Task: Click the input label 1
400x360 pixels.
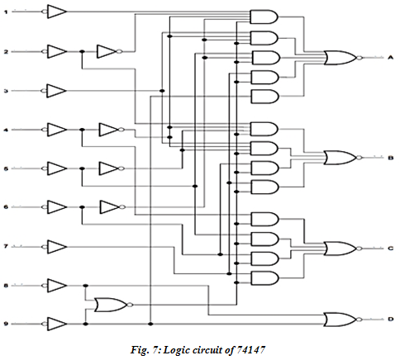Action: pos(6,12)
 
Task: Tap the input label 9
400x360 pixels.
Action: pos(6,324)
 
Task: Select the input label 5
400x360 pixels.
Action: pos(6,168)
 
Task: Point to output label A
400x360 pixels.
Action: pos(390,58)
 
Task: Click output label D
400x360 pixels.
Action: pos(390,320)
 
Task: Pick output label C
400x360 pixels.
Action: pos(390,249)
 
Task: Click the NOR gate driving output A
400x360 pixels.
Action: pos(343,58)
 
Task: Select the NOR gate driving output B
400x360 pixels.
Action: pos(343,158)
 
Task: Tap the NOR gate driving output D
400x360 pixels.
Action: pos(343,320)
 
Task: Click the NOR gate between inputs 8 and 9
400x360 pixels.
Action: pos(113,305)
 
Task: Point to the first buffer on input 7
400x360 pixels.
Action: pos(55,247)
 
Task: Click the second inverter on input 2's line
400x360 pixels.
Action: pos(109,51)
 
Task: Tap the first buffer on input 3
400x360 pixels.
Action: pos(55,91)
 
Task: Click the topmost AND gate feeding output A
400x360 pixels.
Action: pos(264,17)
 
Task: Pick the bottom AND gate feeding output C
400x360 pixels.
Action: pos(264,278)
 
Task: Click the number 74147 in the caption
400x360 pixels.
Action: pos(250,350)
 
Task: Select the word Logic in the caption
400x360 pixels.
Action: pos(177,350)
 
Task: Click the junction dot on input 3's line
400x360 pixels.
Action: pos(162,91)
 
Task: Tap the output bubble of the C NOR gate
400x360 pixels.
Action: pos(359,249)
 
